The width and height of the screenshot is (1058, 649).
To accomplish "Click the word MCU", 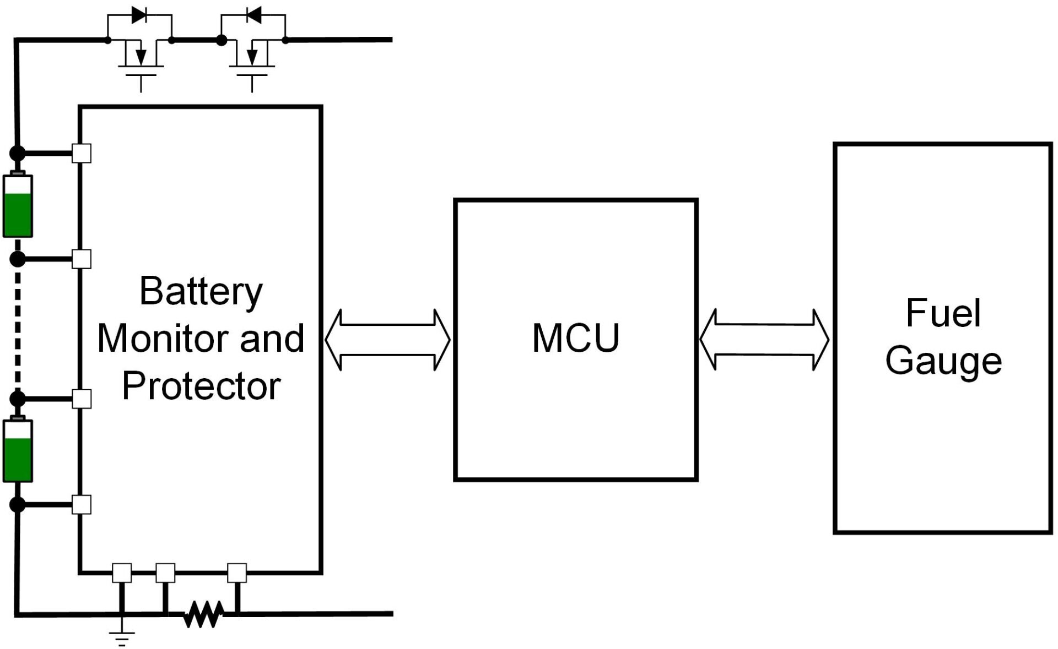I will (576, 337).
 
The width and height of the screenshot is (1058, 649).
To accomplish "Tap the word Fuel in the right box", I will (943, 313).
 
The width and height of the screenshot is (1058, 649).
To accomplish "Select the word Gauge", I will (943, 361).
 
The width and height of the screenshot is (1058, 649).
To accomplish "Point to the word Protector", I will (201, 386).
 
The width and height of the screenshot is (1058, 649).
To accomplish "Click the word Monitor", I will (159, 338).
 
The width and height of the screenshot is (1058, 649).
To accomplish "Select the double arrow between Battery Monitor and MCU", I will (387, 340).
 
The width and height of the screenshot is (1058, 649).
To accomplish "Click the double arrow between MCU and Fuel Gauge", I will (764, 340).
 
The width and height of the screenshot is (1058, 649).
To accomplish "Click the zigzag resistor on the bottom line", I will (203, 614).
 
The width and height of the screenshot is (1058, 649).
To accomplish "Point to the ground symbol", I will (122, 638).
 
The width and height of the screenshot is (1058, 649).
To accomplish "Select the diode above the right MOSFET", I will (253, 15).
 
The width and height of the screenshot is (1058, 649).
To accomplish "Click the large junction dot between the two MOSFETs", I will (222, 40).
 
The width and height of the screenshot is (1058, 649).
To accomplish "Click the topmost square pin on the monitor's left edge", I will (82, 153).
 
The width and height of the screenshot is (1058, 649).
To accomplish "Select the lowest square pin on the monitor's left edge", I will (82, 504).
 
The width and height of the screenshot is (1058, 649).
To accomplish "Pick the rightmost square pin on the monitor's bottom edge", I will (237, 573).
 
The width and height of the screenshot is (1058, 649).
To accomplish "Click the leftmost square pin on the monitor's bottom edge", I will (122, 573).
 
